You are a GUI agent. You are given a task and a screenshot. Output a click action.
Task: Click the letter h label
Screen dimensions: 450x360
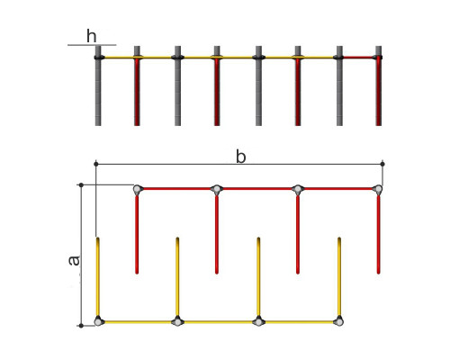pos(92,36)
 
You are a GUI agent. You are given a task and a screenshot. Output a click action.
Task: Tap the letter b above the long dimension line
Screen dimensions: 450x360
pos(241,157)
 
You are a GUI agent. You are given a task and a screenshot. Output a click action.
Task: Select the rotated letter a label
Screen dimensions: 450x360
pos(74,261)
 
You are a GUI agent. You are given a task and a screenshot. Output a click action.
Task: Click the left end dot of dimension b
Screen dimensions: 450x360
pos(96,164)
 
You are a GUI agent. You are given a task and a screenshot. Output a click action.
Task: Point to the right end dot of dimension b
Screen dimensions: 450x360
pos(382,164)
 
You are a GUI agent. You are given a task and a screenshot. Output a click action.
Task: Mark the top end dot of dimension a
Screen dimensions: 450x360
pos(81,185)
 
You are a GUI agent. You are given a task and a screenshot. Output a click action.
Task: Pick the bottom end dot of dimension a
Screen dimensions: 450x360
pos(81,326)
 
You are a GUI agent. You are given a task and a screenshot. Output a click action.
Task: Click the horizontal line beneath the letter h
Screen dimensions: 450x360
pos(92,45)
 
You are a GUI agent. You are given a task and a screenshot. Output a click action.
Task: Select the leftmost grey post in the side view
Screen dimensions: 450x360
pos(98,85)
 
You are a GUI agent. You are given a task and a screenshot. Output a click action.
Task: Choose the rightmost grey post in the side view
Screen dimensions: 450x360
pos(339,85)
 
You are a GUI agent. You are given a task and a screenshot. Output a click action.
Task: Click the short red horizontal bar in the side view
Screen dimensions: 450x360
pos(359,57)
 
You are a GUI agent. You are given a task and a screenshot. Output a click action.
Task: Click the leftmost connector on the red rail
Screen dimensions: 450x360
pos(137,189)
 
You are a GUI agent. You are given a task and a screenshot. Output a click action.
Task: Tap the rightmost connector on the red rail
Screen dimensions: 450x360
pos(378,189)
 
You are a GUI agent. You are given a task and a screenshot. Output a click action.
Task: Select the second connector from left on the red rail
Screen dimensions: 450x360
pos(216,189)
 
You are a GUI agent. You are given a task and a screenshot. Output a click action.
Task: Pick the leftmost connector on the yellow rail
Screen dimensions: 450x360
pos(98,321)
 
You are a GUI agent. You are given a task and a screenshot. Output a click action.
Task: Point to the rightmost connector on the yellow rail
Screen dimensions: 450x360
pos(338,321)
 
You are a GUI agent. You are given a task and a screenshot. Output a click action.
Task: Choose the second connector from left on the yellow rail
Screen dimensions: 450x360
pos(177,321)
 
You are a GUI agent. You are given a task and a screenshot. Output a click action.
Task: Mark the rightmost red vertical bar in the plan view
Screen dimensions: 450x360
pos(379,234)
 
